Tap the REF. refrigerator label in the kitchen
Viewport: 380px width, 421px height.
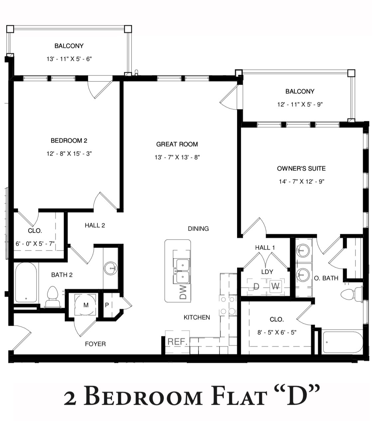pos(178,341)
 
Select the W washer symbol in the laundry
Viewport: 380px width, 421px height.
pos(275,286)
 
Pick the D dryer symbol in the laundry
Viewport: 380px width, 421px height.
pos(256,286)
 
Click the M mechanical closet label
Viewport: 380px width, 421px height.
pos(86,305)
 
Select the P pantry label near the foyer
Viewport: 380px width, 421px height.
pos(107,305)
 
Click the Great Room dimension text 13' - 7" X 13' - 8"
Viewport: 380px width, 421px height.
pos(177,157)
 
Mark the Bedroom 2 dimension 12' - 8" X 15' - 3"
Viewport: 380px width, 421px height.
pos(69,154)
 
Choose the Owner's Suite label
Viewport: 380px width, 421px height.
pos(301,168)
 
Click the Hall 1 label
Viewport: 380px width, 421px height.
pos(265,248)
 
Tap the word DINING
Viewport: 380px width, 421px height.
pos(198,229)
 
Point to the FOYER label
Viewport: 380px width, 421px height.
pos(95,344)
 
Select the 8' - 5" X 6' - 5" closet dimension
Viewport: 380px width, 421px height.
pos(277,332)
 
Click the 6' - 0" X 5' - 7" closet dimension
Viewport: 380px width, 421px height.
pos(35,244)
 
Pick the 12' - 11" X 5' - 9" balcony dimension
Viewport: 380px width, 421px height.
pos(300,104)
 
